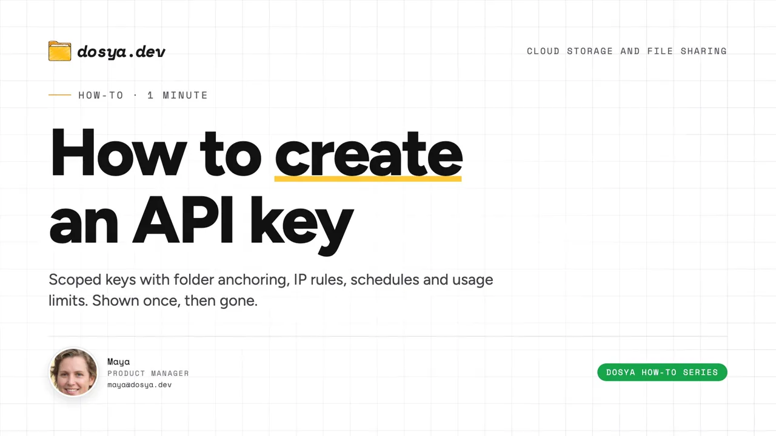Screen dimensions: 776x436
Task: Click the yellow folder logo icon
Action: (59, 51)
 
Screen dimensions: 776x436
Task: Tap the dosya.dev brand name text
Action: (121, 52)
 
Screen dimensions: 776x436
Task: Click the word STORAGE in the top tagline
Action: (590, 51)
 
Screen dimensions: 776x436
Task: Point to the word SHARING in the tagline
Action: (704, 51)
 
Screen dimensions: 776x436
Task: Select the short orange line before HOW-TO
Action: (59, 95)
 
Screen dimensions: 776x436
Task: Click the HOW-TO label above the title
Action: (101, 95)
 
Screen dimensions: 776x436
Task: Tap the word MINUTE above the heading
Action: (185, 95)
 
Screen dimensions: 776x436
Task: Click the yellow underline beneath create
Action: (368, 179)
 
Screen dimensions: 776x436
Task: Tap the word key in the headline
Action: (302, 224)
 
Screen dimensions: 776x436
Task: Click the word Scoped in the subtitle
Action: (75, 280)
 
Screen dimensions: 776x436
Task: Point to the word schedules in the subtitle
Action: (384, 279)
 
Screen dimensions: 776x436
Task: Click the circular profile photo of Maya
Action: (73, 372)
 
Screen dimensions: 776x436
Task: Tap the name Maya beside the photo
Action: (118, 362)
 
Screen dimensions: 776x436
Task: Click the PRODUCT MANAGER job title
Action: (149, 374)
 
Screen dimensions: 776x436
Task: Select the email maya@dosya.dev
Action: (139, 385)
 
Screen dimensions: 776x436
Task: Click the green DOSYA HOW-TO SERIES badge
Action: (662, 372)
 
